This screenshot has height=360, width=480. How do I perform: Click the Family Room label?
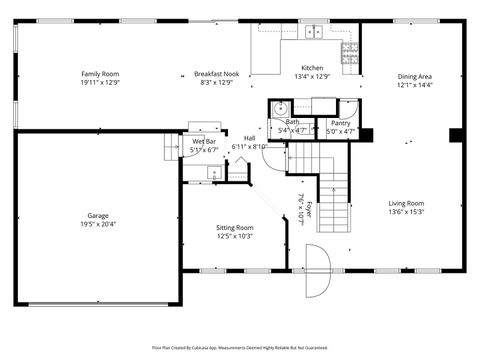100,74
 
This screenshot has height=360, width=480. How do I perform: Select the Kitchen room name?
311,66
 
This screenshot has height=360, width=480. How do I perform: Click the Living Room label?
407,204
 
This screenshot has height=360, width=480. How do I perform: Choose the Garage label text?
97,215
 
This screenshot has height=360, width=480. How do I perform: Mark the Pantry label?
340,122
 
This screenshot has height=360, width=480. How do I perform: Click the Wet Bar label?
204,142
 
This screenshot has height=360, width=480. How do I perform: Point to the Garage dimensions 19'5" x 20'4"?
97,224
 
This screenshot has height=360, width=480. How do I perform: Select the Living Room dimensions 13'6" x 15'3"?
407,212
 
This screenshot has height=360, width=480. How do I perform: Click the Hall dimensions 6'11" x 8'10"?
249,147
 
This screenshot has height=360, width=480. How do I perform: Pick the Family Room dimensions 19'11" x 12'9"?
100,83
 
